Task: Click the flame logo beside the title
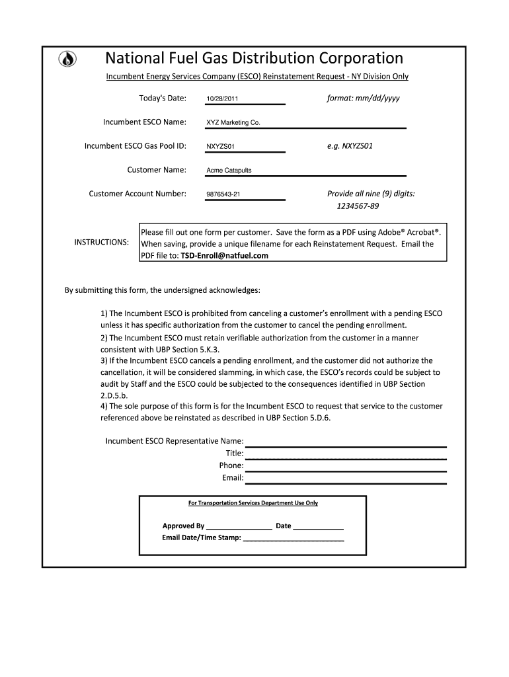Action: [x=67, y=59]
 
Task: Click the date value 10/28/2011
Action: [x=222, y=99]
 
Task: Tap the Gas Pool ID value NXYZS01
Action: [x=220, y=147]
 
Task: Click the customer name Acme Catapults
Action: [x=229, y=171]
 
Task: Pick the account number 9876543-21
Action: [x=223, y=194]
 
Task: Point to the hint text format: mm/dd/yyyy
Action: [x=363, y=98]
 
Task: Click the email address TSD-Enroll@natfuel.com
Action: [x=225, y=255]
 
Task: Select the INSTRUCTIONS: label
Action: [x=101, y=243]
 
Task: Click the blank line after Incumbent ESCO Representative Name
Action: [x=346, y=442]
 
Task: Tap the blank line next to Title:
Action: [x=346, y=454]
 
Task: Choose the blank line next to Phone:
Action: [x=346, y=465]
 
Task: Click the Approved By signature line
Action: [x=239, y=526]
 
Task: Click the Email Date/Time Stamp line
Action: [x=294, y=538]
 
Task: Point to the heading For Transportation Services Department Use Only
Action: [x=253, y=503]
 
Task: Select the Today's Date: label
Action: [x=163, y=99]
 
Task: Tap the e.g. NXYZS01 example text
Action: [x=350, y=145]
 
